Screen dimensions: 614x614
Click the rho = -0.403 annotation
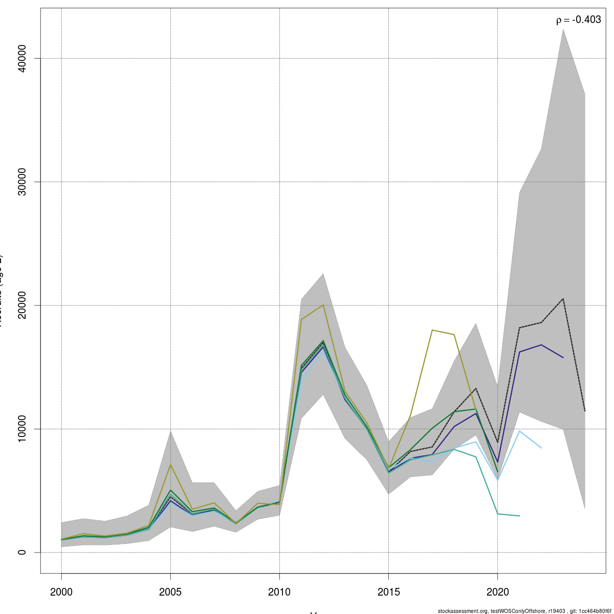coord(578,20)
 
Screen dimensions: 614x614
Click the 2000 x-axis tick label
coord(61,592)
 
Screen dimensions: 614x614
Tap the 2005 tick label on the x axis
coord(170,592)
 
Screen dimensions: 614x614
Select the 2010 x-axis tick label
coord(279,592)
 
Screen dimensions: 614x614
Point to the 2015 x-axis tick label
coord(388,592)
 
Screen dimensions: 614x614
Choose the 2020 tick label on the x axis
coord(497,592)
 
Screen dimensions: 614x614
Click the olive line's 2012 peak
coord(323,305)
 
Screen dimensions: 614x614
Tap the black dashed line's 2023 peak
coord(563,298)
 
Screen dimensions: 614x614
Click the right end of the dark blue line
coord(563,358)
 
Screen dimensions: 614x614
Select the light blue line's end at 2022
coord(541,448)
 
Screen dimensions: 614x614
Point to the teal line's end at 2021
coord(519,516)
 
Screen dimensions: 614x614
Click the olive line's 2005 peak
coord(170,465)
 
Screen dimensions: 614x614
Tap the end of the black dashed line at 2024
coord(585,411)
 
